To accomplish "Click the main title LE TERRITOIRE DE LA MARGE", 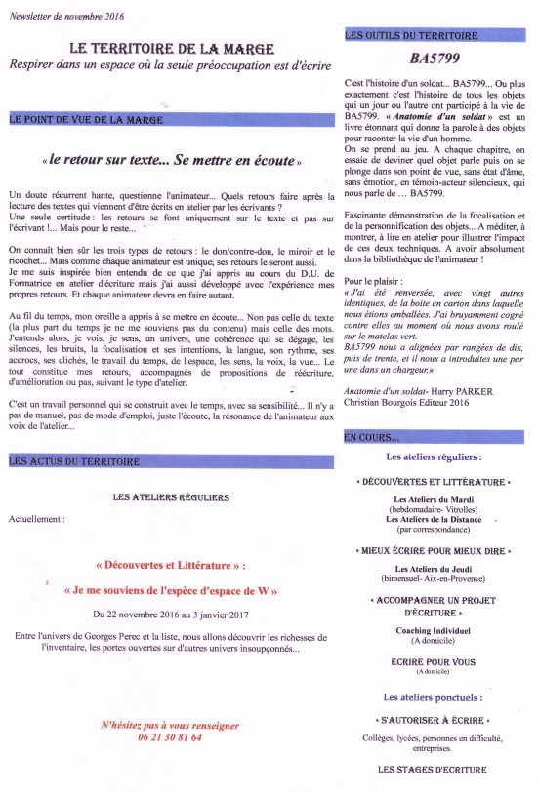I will point(172,47).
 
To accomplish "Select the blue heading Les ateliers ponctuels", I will point(433,697).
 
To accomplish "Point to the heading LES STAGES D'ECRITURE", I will point(433,770).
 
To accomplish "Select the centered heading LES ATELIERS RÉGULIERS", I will point(171,497).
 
